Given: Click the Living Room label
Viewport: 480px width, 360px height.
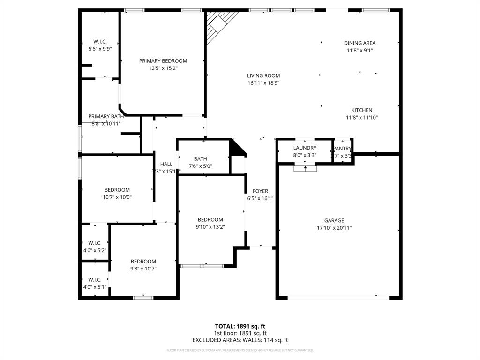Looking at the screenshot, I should (263, 75).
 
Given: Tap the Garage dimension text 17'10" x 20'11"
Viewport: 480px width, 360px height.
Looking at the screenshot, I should (334, 228).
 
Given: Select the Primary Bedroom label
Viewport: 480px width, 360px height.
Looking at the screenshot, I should (163, 61).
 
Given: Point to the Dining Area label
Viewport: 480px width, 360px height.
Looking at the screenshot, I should (360, 43).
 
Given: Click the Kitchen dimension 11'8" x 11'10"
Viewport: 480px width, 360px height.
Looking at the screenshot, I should (362, 118).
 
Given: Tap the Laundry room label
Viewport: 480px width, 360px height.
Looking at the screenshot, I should (305, 148).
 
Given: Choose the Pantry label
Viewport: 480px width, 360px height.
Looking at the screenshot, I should (342, 149).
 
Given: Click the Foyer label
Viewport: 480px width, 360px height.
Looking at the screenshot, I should (260, 191).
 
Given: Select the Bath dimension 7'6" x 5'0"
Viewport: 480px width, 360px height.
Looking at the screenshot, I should (200, 166).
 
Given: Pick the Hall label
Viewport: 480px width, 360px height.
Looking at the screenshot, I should (166, 164).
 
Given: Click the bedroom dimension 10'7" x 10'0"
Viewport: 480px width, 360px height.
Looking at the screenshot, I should (117, 197).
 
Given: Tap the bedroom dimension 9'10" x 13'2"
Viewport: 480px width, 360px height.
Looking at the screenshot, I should (210, 227).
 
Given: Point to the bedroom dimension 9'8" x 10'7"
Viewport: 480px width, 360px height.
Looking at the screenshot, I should (143, 269).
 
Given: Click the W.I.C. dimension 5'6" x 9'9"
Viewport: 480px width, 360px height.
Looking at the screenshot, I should (100, 49).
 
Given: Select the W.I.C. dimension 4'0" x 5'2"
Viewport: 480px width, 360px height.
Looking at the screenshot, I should (95, 250).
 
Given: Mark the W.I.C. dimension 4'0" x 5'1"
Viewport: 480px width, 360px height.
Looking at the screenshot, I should (95, 287).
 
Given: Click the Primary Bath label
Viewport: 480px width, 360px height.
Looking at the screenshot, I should (106, 116).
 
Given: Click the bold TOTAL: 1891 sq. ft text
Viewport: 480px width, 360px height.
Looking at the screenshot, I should (240, 326).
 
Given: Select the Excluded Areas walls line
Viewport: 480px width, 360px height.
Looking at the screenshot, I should (240, 340).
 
